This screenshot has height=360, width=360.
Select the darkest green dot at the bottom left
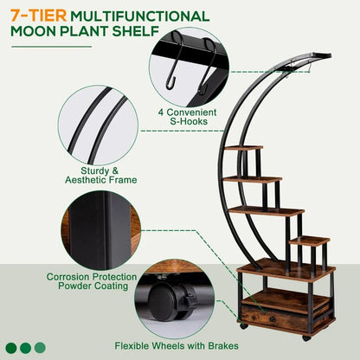[x=10, y=348]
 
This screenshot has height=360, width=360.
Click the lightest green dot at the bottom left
[x=42, y=348]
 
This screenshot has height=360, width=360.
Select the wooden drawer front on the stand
[x=286, y=318]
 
